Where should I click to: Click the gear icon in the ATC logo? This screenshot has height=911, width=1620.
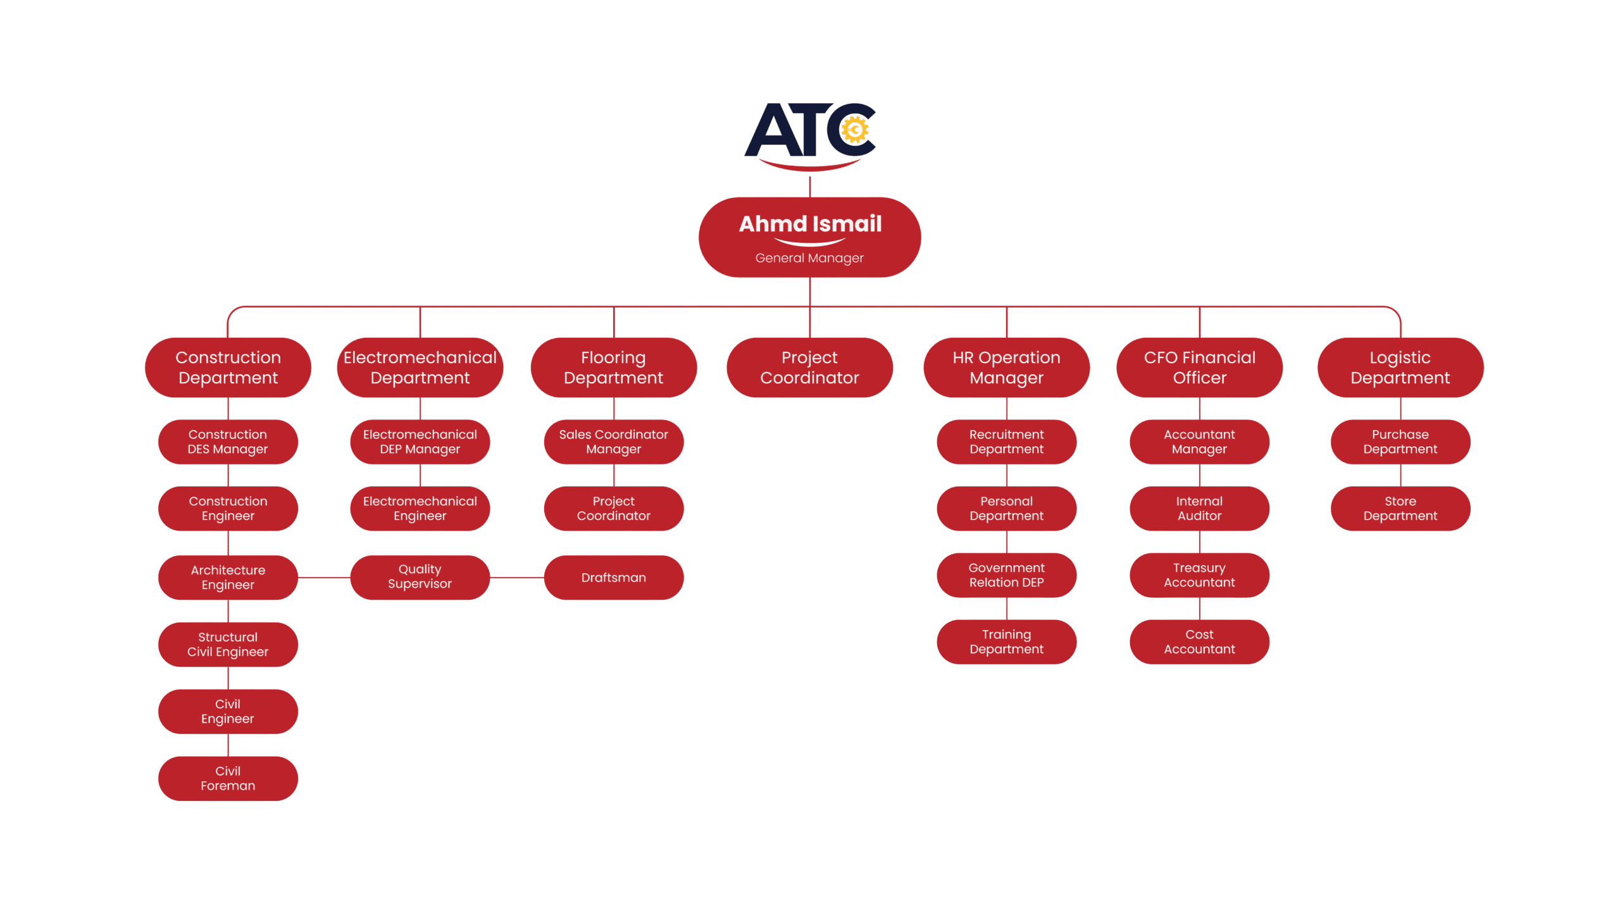854,130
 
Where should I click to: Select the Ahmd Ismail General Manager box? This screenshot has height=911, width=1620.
809,237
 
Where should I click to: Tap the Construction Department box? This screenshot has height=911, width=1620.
228,368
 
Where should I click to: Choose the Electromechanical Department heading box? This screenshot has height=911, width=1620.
420,368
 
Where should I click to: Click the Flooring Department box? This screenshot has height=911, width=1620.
613,368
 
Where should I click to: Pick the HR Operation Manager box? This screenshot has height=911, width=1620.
1006,368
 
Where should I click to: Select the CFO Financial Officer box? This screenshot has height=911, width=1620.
1199,368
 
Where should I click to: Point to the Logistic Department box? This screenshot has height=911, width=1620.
1400,368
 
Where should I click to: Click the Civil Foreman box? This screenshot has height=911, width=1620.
228,778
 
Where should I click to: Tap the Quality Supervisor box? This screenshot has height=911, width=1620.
420,577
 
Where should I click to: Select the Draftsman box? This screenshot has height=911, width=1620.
613,578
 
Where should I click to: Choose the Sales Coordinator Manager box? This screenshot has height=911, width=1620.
613,442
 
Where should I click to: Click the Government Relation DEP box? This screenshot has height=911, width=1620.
1006,575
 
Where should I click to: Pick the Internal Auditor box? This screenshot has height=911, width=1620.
1199,509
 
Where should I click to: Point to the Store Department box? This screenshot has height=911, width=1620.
1400,509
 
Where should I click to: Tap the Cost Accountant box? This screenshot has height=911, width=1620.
1199,641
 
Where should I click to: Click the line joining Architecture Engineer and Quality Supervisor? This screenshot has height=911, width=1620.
324,578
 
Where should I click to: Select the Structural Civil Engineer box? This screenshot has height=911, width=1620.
228,645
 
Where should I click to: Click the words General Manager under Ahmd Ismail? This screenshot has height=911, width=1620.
809,258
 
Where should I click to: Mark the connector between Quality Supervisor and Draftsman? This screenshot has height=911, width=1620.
517,578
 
